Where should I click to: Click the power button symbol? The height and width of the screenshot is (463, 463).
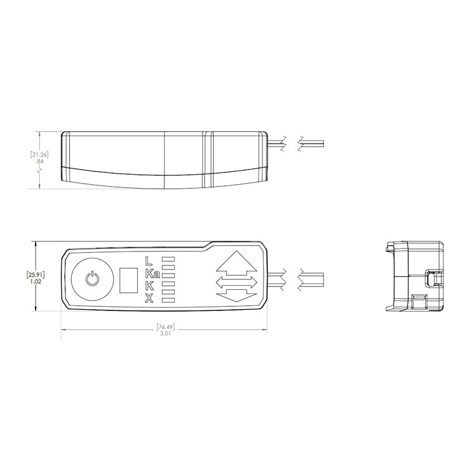tap(92, 278)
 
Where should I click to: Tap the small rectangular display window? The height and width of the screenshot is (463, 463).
tap(128, 279)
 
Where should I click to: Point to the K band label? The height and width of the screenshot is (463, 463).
tap(150, 286)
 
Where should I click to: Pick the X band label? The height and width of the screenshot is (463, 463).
tap(149, 299)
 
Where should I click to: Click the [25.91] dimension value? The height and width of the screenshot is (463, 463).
tap(36, 273)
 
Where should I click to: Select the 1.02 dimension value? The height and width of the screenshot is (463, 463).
tap(37, 281)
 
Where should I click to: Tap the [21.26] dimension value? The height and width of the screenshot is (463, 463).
tap(39, 154)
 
